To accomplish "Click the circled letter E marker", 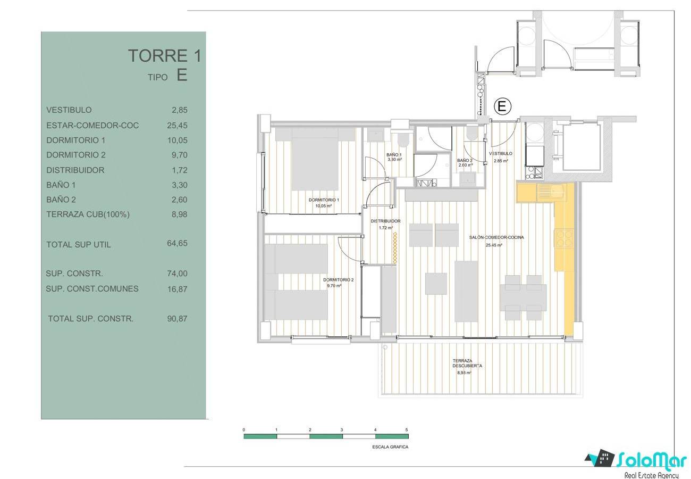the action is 502,106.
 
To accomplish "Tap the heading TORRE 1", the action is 165,55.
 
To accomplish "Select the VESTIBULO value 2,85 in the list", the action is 180,110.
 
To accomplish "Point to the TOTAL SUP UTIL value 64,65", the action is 177,243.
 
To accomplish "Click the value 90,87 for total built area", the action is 177,319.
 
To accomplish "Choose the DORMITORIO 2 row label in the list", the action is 76,155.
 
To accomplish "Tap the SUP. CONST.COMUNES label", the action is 92,289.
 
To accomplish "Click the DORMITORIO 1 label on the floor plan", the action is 324,200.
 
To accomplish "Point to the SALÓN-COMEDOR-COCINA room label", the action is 496,237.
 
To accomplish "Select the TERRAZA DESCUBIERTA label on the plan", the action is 467,363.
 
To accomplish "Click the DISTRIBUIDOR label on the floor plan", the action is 385,221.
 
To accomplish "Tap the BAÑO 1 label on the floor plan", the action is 394,155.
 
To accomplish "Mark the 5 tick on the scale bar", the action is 407,430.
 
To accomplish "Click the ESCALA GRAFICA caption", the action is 390,447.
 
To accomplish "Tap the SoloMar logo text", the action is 652,460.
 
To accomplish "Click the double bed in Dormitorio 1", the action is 315,159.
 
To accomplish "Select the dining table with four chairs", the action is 523,298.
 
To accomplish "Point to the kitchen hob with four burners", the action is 564,238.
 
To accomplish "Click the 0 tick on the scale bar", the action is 243,430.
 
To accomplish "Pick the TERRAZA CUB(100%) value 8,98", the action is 180,214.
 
